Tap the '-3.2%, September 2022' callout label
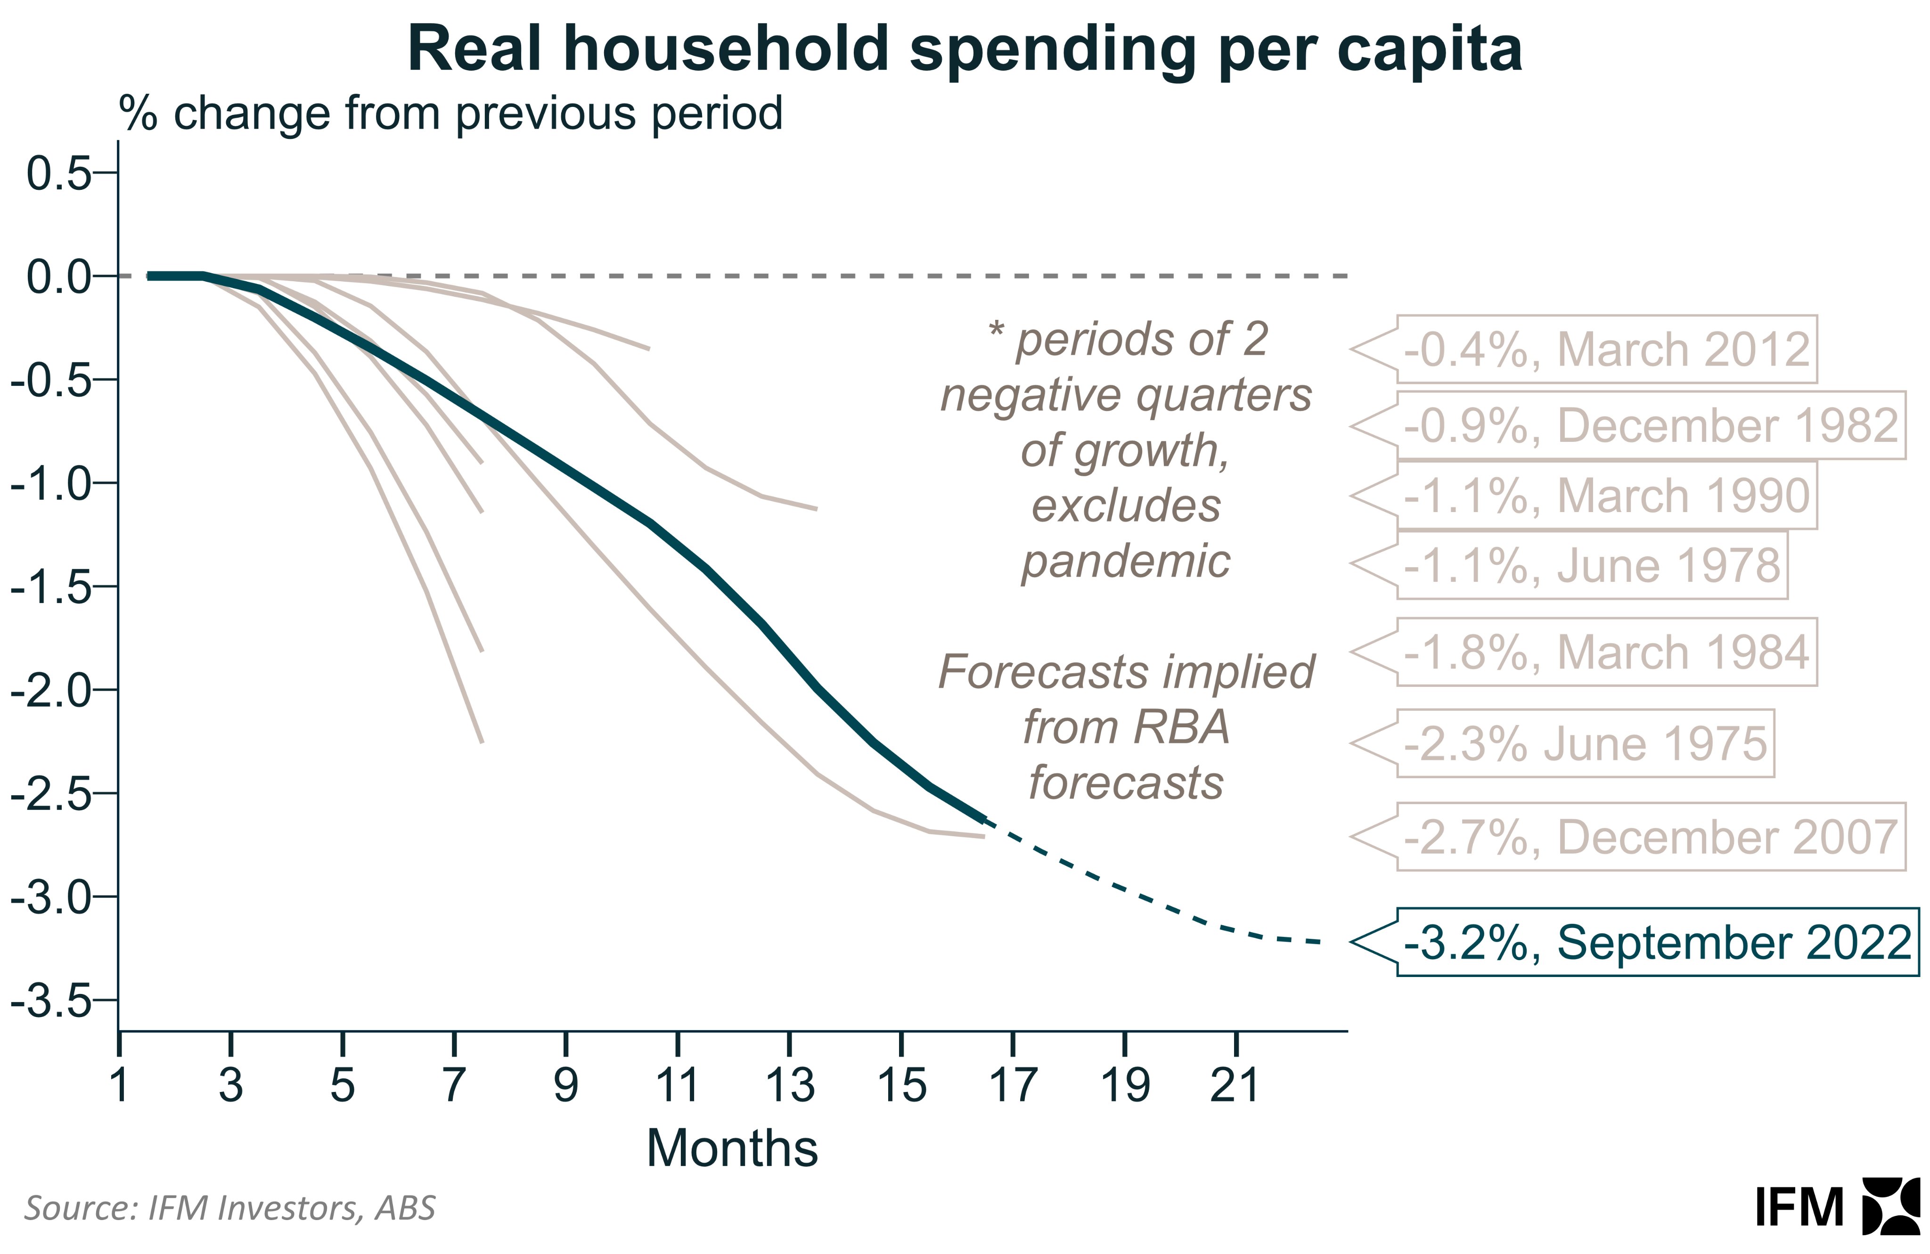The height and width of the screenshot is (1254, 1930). (x=1657, y=942)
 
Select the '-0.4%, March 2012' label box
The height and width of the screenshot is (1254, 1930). (x=1606, y=350)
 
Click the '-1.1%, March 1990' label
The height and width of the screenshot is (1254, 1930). (x=1606, y=495)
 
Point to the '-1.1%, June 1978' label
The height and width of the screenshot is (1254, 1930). (x=1591, y=565)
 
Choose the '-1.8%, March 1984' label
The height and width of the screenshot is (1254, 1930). (x=1606, y=651)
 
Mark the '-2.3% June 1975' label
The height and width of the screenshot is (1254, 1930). (x=1585, y=743)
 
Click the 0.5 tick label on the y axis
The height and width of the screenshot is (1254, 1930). (x=58, y=173)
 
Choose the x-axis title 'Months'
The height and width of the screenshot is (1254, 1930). (x=732, y=1148)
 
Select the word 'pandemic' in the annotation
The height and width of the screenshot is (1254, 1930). (x=1126, y=561)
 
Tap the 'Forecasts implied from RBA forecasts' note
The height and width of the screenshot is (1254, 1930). (x=1126, y=727)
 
